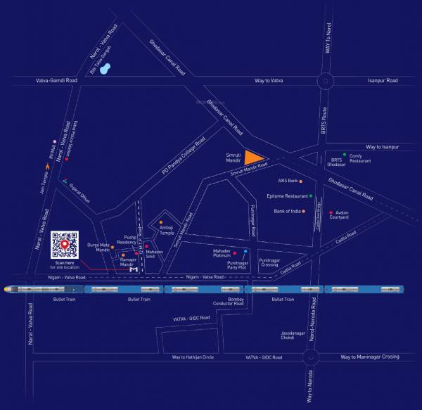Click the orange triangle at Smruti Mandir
[x=253, y=158]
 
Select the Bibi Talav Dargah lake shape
[x=105, y=69]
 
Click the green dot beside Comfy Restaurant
[x=345, y=155]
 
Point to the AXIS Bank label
[x=288, y=181]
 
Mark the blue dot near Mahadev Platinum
[x=245, y=251]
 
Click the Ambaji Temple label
[x=167, y=231]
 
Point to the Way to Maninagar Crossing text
[x=369, y=357]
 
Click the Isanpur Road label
[x=383, y=81]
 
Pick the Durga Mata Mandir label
[x=98, y=247]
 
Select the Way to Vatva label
[x=269, y=81]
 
